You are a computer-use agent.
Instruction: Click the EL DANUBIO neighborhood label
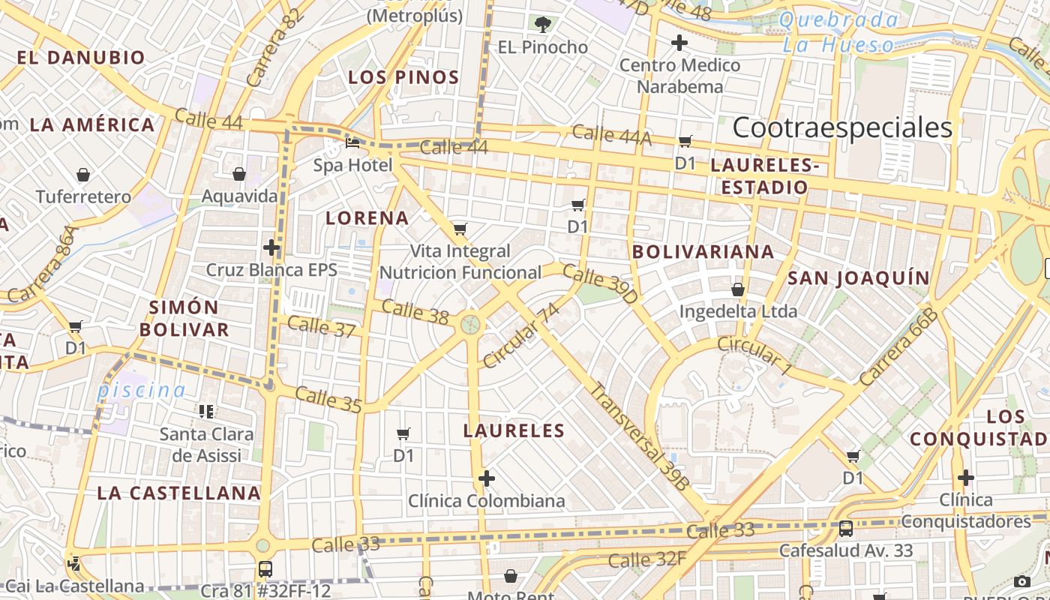(81, 58)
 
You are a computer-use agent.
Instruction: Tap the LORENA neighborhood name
(367, 218)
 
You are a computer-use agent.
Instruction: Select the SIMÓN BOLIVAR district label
(184, 318)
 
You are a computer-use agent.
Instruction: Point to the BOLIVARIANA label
(703, 251)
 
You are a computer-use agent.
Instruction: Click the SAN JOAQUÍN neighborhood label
(858, 278)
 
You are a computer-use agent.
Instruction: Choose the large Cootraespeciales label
(842, 127)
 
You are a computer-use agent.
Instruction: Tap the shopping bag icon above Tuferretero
(83, 175)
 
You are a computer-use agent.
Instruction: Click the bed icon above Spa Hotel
(352, 142)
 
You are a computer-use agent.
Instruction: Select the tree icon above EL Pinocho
(543, 25)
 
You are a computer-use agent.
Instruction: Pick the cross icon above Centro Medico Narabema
(679, 43)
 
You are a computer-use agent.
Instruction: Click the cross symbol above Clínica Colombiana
(487, 478)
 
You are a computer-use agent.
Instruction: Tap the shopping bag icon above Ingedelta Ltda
(738, 289)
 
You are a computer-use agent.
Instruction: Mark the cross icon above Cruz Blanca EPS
(271, 247)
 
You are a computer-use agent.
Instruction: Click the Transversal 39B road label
(637, 436)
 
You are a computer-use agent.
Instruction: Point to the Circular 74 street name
(521, 335)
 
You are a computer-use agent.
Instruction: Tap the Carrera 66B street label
(899, 347)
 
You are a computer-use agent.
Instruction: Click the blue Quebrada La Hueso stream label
(840, 32)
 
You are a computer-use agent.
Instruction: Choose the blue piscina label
(141, 390)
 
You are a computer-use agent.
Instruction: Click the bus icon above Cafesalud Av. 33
(846, 528)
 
